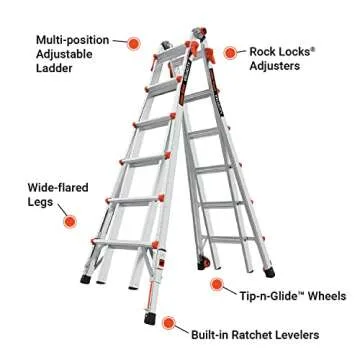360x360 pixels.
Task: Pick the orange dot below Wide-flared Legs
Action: [x=69, y=220]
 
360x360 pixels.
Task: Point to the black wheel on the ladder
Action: [x=207, y=262]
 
